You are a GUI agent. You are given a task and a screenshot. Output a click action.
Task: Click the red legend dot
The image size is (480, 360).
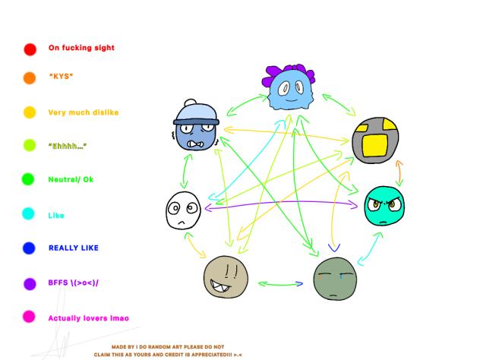tap(30, 49)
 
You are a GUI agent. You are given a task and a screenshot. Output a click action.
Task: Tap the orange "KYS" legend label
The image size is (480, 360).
tap(62, 76)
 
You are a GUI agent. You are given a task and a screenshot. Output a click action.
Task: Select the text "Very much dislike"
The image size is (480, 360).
tap(84, 112)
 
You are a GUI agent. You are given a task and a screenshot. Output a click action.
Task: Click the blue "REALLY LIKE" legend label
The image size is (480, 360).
tap(74, 248)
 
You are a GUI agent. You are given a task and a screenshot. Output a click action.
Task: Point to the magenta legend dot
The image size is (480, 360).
tap(29, 317)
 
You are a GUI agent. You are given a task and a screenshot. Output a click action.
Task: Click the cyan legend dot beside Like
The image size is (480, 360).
tap(28, 213)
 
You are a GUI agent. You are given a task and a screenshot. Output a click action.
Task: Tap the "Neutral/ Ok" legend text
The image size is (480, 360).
tap(71, 179)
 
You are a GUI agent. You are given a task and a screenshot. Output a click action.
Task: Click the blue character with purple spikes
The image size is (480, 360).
tap(289, 87)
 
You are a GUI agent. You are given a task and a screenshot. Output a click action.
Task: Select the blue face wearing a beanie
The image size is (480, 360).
tap(196, 125)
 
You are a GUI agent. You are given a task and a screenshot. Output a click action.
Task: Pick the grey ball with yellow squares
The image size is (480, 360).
tap(375, 140)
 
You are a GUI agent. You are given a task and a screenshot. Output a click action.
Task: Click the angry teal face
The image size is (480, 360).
tap(384, 206)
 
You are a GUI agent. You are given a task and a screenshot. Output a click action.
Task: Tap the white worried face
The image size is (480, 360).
tap(183, 210)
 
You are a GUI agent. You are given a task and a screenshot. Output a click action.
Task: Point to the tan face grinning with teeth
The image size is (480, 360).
tap(226, 277)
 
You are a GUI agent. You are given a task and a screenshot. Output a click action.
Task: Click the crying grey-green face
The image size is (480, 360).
tap(335, 279)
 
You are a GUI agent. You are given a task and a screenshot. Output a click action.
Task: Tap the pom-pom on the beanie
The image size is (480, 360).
tap(191, 103)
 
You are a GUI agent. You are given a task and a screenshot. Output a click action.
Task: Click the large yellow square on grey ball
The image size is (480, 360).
tap(374, 145)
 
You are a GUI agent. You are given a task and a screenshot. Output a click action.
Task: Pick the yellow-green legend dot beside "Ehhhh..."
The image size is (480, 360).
tap(30, 145)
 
